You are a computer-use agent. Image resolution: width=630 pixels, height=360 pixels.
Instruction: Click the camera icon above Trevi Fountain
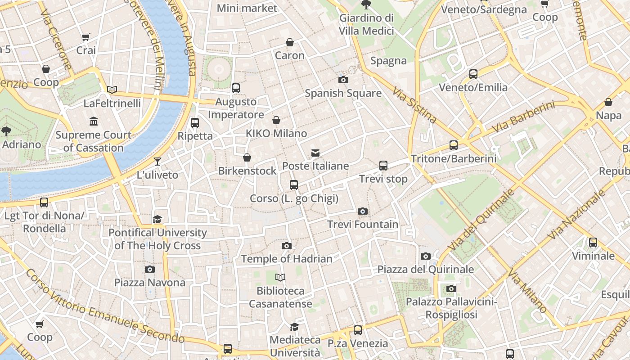tap(363, 211)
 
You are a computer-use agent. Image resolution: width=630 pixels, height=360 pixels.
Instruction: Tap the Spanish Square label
tap(343, 94)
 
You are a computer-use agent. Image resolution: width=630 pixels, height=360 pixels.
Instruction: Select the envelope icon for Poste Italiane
tap(315, 153)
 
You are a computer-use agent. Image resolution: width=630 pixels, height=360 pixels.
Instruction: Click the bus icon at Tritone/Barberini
tap(454, 145)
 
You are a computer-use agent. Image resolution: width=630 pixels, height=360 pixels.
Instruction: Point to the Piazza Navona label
tap(149, 283)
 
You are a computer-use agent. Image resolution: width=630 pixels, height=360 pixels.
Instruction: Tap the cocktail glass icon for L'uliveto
tap(157, 162)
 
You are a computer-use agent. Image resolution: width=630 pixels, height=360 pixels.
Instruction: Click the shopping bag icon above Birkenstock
tap(247, 157)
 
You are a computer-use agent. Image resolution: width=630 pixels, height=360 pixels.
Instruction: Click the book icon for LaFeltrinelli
tap(112, 90)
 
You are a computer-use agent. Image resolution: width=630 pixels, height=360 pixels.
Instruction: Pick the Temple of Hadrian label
tap(287, 259)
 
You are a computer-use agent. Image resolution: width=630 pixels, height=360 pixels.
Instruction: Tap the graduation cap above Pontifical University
tap(157, 219)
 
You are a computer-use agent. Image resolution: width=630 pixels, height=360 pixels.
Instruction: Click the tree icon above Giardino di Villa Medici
tap(366, 5)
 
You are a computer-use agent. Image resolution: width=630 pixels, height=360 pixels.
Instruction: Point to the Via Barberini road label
tap(522, 117)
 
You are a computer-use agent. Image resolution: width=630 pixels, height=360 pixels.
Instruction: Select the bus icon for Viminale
tap(593, 243)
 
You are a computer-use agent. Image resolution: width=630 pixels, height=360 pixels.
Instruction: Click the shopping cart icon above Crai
tap(86, 37)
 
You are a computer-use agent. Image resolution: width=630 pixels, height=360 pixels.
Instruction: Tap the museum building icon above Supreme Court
tap(94, 121)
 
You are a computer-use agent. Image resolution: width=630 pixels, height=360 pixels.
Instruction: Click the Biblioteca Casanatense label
tap(280, 297)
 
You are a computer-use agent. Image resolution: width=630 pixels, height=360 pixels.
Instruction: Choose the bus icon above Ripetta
tap(195, 123)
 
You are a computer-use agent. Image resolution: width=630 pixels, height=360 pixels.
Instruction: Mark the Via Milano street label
tap(527, 291)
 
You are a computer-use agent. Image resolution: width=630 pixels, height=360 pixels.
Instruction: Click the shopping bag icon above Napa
tap(608, 102)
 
